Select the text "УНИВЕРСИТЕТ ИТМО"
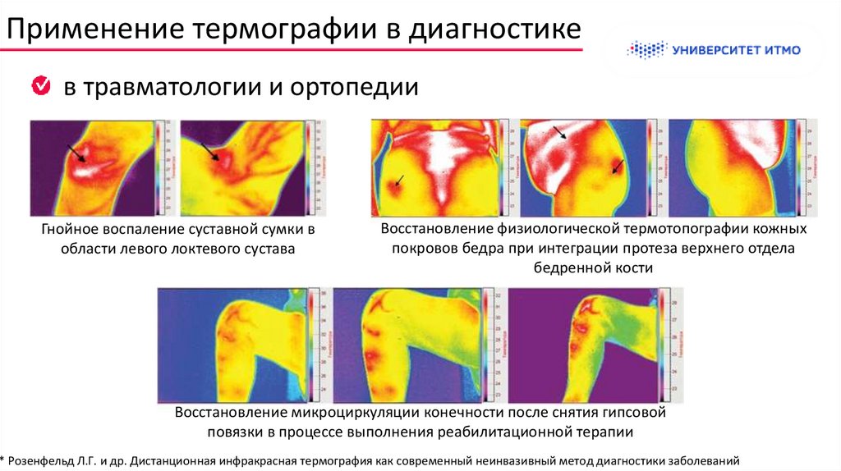tap(736, 50)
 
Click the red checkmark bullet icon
tap(40, 85)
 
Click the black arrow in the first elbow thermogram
tap(76, 152)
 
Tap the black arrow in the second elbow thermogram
tap(210, 152)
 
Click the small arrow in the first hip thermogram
tap(399, 180)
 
